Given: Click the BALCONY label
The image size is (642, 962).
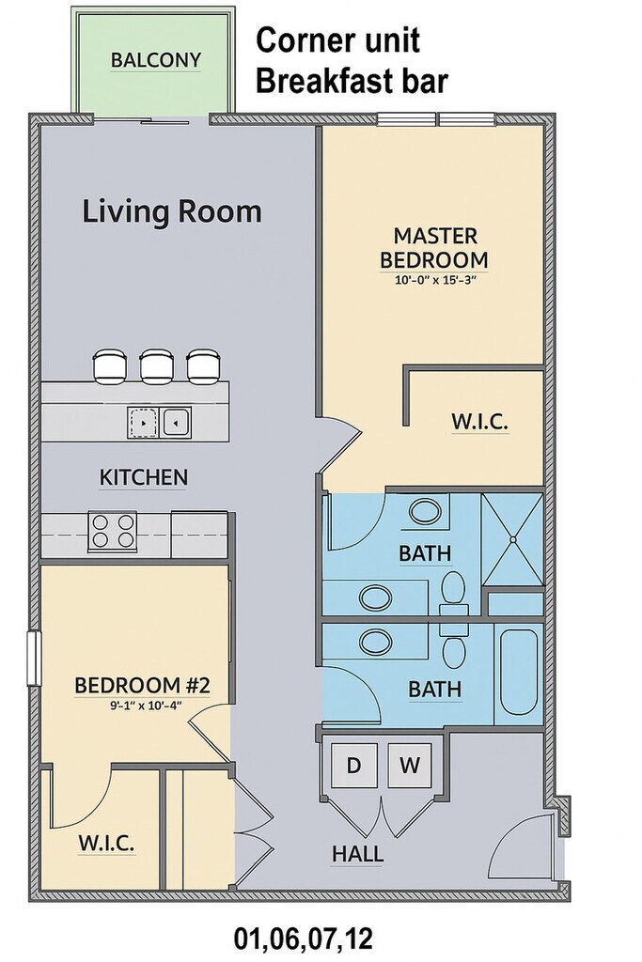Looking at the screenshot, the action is [156, 60].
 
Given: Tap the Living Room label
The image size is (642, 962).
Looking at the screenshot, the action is [172, 211].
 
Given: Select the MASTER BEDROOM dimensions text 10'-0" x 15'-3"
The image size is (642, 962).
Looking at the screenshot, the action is [435, 282].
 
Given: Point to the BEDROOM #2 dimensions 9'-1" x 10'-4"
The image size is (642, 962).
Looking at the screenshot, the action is [142, 705].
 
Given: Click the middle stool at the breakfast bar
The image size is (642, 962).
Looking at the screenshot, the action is [157, 366].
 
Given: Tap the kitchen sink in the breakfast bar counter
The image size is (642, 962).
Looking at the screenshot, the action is [160, 422].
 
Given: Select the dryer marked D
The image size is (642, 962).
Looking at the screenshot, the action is [353, 765].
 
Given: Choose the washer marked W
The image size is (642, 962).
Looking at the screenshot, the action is [410, 765].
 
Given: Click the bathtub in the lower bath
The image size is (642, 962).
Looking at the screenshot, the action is [519, 672].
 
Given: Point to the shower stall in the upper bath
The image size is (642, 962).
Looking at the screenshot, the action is [512, 539].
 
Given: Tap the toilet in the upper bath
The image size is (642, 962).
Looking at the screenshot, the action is [454, 591].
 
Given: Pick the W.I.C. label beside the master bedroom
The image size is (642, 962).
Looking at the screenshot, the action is [480, 422].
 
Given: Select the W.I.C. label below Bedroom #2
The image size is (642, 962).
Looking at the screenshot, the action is [106, 844].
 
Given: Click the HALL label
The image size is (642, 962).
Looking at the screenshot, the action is [358, 854].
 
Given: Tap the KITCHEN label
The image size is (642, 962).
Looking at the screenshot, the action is [144, 477].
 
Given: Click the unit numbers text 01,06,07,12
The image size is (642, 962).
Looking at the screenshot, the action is [304, 939].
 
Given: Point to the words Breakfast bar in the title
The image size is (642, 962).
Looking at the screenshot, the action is [352, 82].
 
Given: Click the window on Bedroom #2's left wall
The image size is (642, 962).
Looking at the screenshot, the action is [35, 659].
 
